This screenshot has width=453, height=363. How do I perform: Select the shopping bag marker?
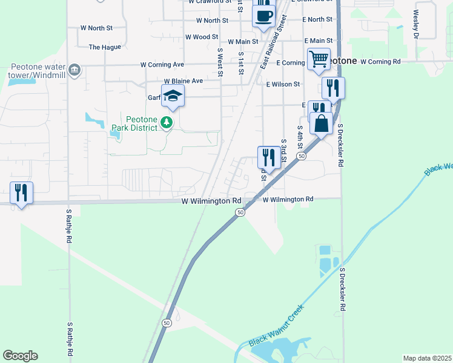click(321, 123)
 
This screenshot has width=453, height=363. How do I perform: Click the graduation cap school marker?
click(173, 96)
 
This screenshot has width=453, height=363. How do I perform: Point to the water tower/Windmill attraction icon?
click(74, 70)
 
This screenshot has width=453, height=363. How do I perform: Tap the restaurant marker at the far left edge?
click(21, 193)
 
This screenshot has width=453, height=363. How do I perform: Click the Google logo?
click(20, 356)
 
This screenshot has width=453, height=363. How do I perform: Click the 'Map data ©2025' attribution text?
click(427, 358)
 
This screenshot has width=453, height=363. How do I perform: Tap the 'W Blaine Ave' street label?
click(183, 80)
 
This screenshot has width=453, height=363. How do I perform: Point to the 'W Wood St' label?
click(202, 37)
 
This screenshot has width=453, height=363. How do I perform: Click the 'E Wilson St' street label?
click(283, 84)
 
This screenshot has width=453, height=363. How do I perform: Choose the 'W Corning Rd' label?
click(380, 62)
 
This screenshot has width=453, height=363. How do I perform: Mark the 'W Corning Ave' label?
click(162, 64)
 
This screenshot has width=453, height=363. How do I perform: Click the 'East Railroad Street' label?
click(273, 46)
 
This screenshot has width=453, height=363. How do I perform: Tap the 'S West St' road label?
click(220, 62)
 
